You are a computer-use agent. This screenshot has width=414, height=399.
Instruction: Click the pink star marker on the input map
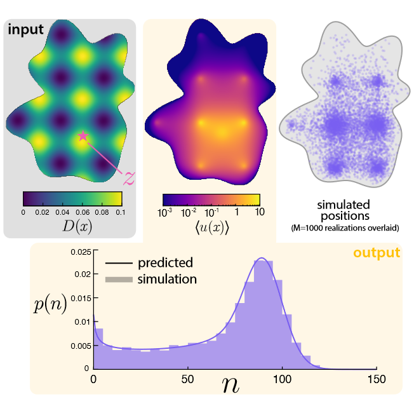point(82,135)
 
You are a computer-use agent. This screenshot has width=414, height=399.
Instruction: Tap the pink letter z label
point(128,177)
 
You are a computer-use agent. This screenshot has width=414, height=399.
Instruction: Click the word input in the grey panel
point(27,30)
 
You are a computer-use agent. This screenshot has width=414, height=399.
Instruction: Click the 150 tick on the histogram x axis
point(375,379)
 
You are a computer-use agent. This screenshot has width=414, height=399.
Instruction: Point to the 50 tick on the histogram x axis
point(187,379)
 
